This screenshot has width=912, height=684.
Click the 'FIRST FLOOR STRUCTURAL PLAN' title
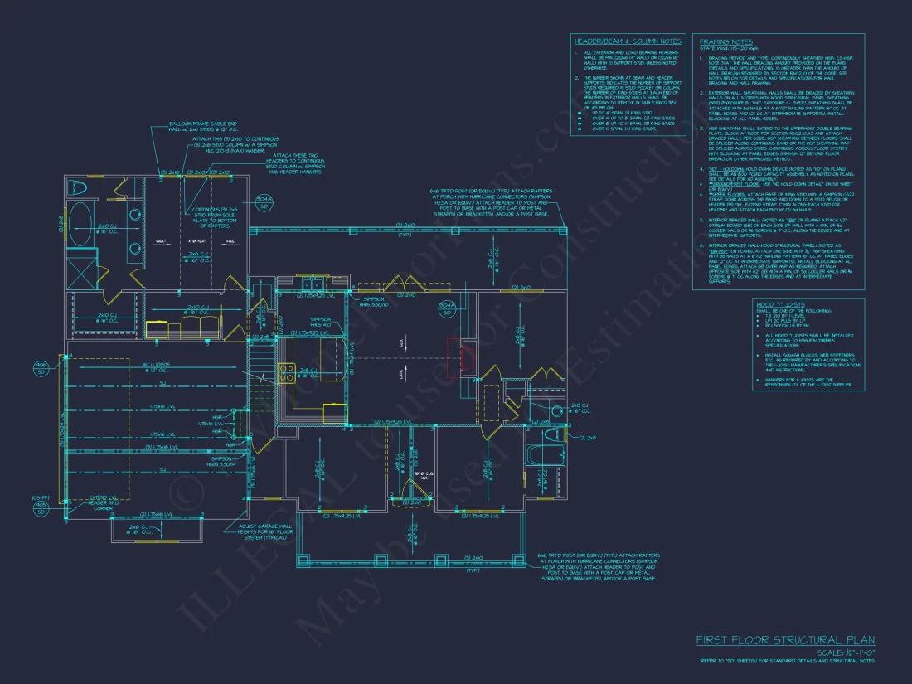point(784,640)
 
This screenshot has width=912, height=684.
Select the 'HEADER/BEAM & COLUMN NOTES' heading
point(627,41)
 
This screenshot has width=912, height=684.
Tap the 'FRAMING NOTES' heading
point(725,41)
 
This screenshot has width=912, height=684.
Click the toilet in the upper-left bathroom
point(72,187)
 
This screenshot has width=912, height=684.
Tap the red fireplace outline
point(457,358)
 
